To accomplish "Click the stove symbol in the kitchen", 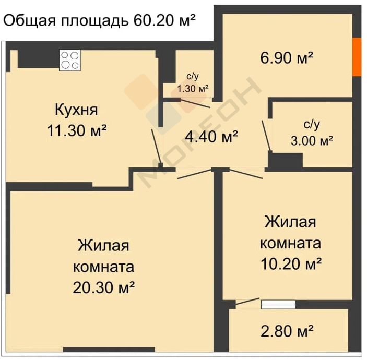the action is (x=70, y=60).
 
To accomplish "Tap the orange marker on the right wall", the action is (x=357, y=56).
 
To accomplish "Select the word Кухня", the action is (x=76, y=110).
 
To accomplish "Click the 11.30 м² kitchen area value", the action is (x=77, y=130).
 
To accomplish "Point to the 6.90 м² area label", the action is (x=287, y=58).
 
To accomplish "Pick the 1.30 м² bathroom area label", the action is (x=193, y=89).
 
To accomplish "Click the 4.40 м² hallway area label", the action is (x=211, y=137).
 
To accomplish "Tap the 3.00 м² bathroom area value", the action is (x=312, y=141).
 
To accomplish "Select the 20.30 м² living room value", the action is (x=104, y=287).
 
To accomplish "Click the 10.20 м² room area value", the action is (x=291, y=263).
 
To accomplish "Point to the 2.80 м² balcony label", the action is (x=287, y=331).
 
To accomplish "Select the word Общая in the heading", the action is (x=30, y=21).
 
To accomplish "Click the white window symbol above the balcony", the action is (x=278, y=305).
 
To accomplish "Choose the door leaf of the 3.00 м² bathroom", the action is (x=267, y=136).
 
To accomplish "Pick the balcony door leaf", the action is (x=247, y=301).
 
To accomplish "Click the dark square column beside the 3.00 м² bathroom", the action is (x=286, y=160).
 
